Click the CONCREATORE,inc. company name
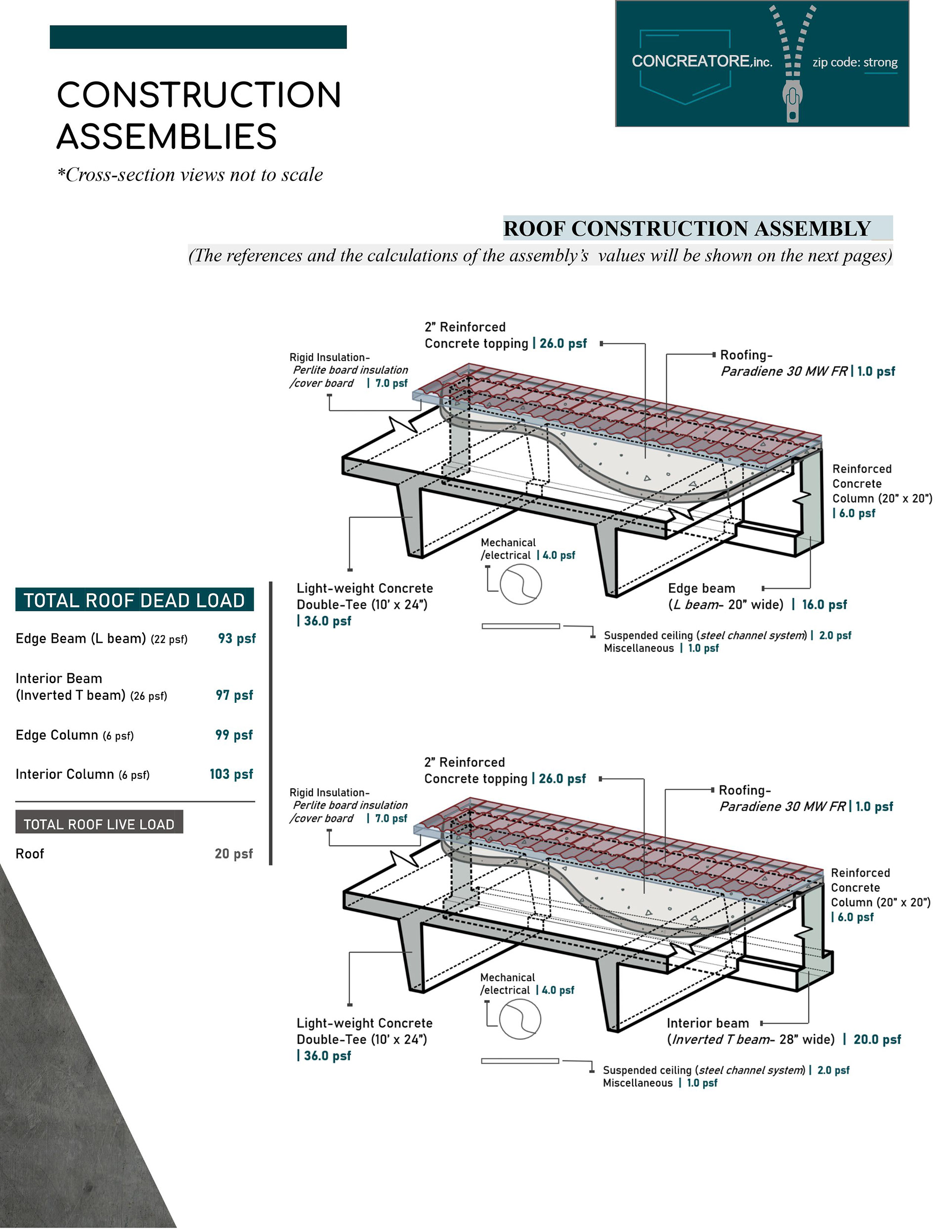point(701,61)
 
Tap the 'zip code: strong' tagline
point(855,62)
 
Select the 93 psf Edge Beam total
point(237,638)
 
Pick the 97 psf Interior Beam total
point(234,695)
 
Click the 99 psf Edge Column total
point(234,734)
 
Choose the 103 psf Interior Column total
point(231,774)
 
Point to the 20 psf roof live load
point(233,854)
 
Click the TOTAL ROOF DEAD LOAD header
point(134,600)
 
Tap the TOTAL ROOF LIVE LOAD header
point(99,824)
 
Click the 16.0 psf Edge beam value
point(824,604)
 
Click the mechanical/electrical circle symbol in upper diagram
point(521,584)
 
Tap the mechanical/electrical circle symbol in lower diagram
point(520,1019)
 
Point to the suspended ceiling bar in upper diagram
point(521,626)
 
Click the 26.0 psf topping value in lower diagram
point(562,778)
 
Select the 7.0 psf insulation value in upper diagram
point(391,383)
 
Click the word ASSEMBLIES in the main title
point(167,137)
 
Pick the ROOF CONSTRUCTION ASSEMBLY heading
point(687,228)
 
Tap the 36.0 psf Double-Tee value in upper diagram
point(327,621)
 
